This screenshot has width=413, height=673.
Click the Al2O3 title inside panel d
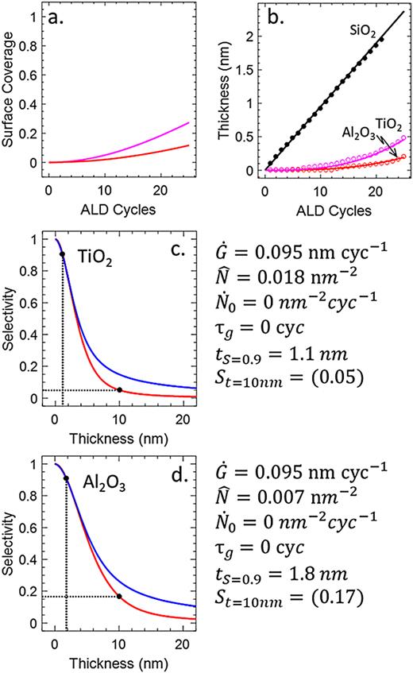pos(102,483)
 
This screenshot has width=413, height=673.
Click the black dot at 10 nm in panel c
pos(119,390)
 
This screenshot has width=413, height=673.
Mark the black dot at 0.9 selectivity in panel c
pos(62,254)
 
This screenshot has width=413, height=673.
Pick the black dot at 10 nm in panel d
pos(119,595)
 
